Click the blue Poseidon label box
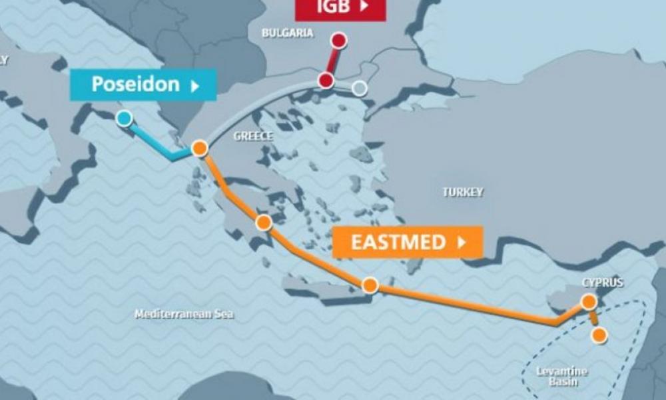click(143, 85)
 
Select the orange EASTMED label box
click(407, 242)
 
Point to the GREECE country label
click(253, 136)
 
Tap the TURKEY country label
click(463, 192)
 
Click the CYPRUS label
click(602, 283)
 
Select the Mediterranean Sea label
click(184, 314)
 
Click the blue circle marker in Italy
click(124, 119)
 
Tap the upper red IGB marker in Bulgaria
click(339, 41)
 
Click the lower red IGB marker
click(326, 81)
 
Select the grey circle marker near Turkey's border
click(360, 88)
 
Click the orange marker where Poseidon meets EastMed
click(199, 149)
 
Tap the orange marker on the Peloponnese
click(264, 223)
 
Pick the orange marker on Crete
click(370, 285)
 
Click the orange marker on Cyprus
click(588, 302)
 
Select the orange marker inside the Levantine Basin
click(599, 335)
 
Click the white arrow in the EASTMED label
click(462, 242)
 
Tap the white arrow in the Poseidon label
click(195, 85)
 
